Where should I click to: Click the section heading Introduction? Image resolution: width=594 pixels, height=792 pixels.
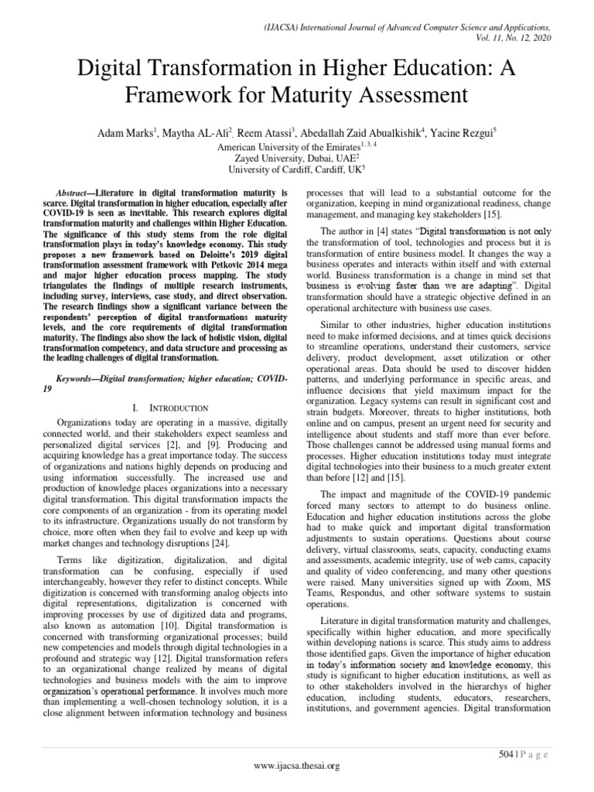tap(179, 407)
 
